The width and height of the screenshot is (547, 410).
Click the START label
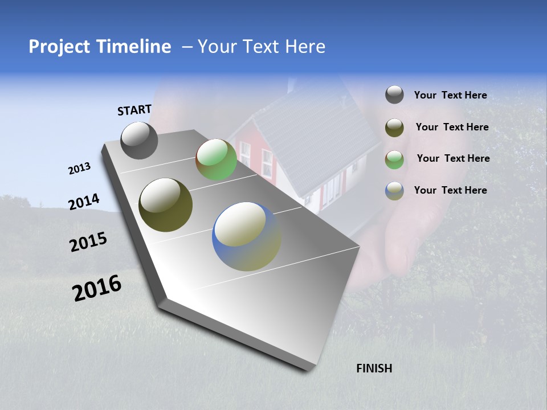point(134,110)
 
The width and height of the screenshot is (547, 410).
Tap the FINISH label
point(374,368)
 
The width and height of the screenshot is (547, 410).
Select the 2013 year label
point(79,169)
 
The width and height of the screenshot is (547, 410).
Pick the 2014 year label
point(84,202)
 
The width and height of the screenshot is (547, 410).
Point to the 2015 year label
point(88,243)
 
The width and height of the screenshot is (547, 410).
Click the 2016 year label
point(97,288)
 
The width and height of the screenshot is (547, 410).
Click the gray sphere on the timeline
point(139,140)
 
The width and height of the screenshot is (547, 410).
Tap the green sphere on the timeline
point(216,159)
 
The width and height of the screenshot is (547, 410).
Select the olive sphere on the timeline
point(165,205)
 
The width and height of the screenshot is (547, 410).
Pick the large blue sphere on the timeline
point(246,236)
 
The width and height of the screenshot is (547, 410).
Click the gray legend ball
point(394,95)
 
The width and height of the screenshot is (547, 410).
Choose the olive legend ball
point(394,128)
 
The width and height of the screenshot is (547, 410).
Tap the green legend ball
point(394,159)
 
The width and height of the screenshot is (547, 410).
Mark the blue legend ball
point(394,191)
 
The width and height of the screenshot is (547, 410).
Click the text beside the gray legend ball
point(450,96)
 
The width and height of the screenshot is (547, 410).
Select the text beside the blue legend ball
point(450,190)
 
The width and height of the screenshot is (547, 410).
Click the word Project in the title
point(59,47)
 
